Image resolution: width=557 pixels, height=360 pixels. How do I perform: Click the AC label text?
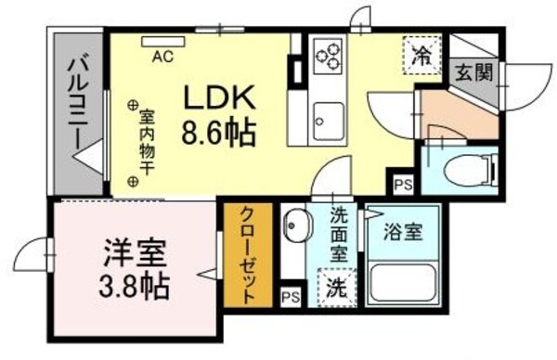(x=162, y=56)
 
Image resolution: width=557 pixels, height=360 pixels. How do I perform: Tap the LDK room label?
(x=220, y=99)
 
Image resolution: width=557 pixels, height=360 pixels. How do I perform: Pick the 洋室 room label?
(x=135, y=252)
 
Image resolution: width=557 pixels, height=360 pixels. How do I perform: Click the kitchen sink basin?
(x=328, y=117)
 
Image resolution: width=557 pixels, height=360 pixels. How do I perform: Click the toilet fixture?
(x=465, y=171)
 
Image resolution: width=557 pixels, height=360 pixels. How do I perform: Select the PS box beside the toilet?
(x=404, y=184)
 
